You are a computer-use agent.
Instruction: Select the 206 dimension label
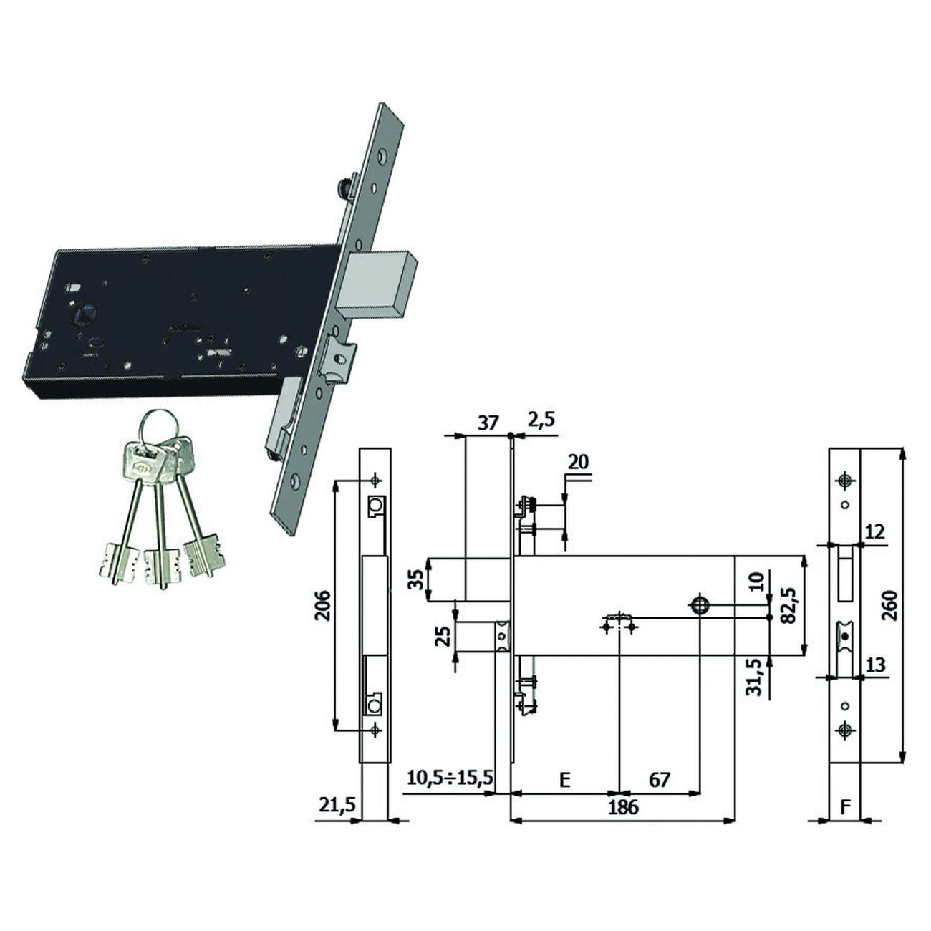pyautogui.click(x=323, y=606)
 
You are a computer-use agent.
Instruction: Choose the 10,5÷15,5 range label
pyautogui.click(x=450, y=778)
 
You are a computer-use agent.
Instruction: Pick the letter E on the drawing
pyautogui.click(x=565, y=780)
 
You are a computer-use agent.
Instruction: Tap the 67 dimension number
pyautogui.click(x=660, y=780)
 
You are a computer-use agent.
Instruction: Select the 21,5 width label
pyautogui.click(x=337, y=806)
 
